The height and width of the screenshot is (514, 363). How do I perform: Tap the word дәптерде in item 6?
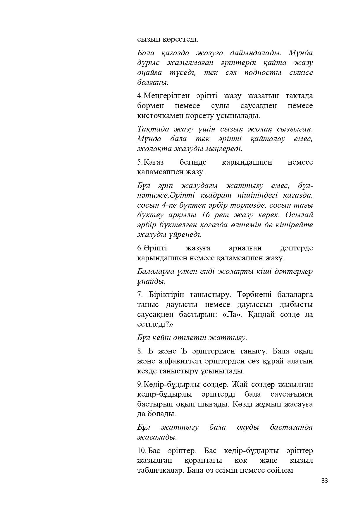point(296,248)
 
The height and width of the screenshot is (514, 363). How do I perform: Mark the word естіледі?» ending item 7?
point(155,325)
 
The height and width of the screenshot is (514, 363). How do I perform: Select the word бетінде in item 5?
point(193,162)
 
